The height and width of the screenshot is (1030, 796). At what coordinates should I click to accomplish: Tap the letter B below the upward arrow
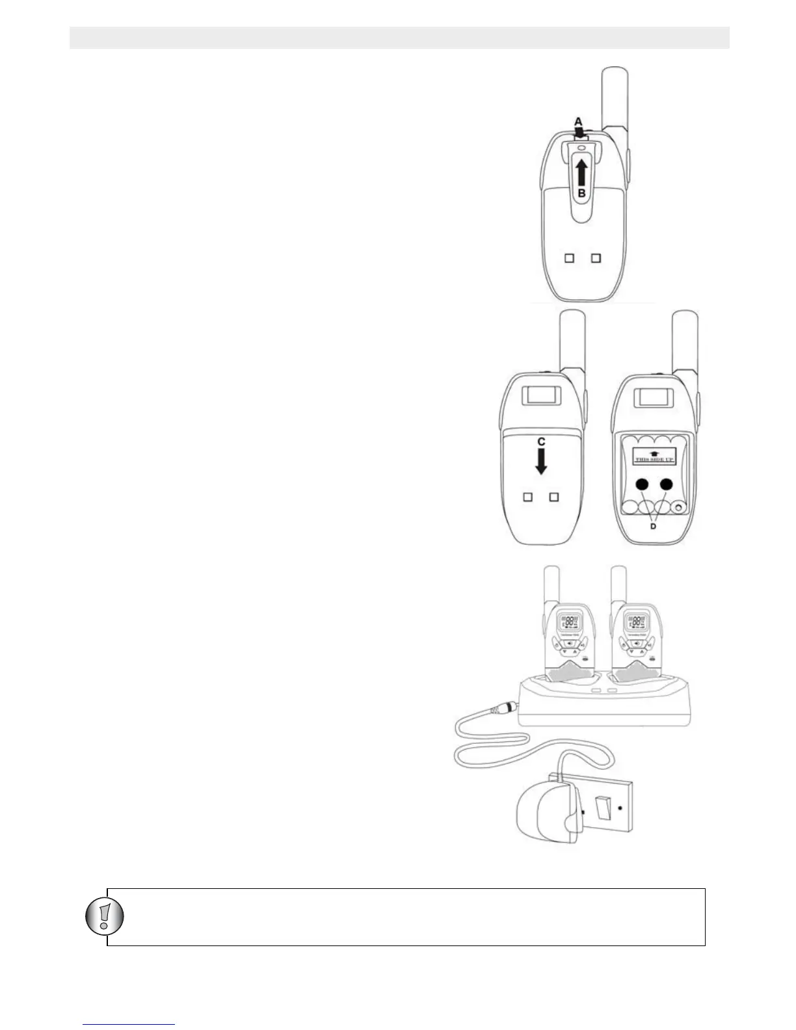(582, 194)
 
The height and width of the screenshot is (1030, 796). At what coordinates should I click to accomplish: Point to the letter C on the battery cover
(540, 442)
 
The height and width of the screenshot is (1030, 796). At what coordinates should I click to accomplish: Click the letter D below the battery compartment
(653, 527)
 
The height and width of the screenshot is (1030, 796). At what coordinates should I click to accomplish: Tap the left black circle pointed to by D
(643, 484)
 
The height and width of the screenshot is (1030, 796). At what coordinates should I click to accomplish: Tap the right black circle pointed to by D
(665, 484)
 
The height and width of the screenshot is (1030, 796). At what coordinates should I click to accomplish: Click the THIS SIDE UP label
(654, 458)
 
